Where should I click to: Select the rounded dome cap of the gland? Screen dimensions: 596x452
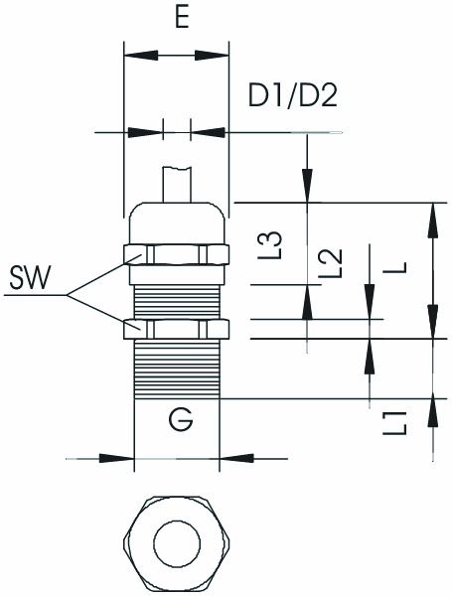pyautogui.click(x=176, y=223)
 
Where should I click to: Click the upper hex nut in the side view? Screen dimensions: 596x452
pyautogui.click(x=176, y=253)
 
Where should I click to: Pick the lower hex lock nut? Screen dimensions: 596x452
pyautogui.click(x=176, y=329)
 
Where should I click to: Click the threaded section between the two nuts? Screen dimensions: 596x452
pyautogui.click(x=176, y=293)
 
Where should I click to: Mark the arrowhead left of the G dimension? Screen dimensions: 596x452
pyautogui.click(x=124, y=459)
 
